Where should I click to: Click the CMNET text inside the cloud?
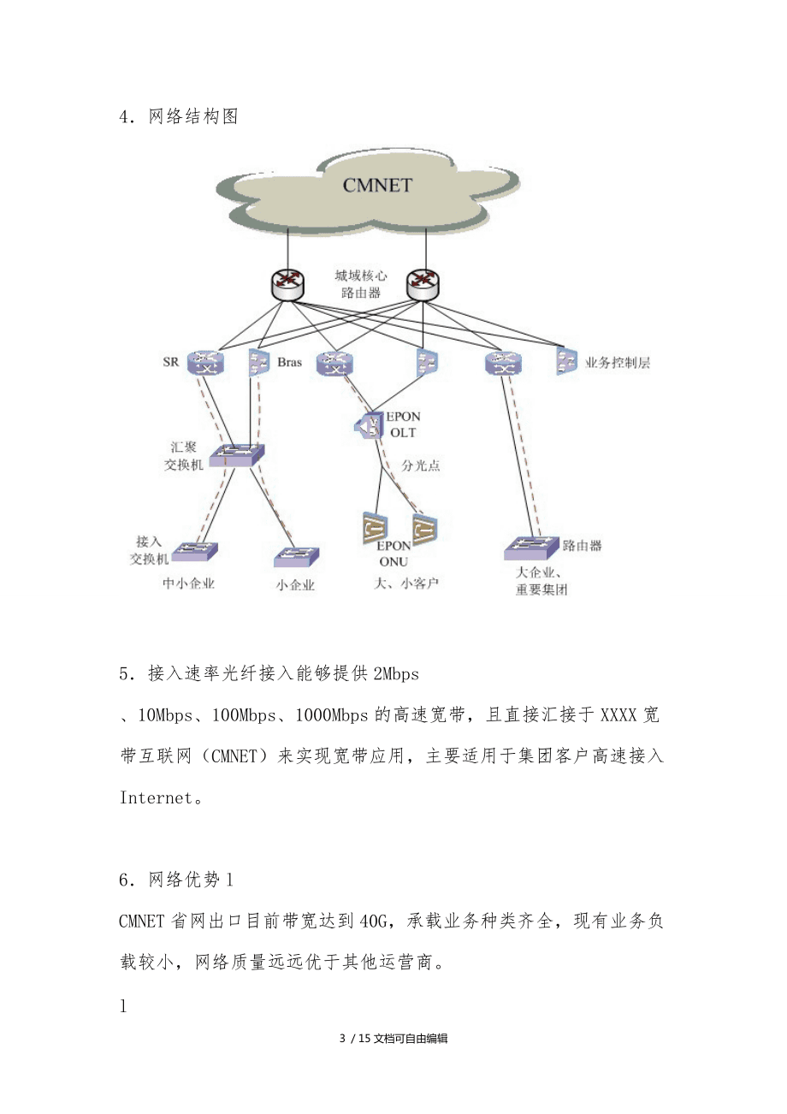pos(377,185)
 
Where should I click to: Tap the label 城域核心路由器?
pos(360,284)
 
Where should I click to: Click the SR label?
pos(171,362)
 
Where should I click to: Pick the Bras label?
pos(289,362)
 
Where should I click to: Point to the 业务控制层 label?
pos(618,362)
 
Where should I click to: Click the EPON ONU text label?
pos(394,553)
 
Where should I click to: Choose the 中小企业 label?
pos(189,584)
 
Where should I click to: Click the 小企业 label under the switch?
pos(295,586)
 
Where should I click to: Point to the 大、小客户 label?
pos(403,584)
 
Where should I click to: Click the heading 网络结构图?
pos(193,117)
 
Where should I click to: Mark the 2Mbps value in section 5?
pos(397,674)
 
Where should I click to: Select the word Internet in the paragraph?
pos(156,797)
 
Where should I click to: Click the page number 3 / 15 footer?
pos(355,1039)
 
